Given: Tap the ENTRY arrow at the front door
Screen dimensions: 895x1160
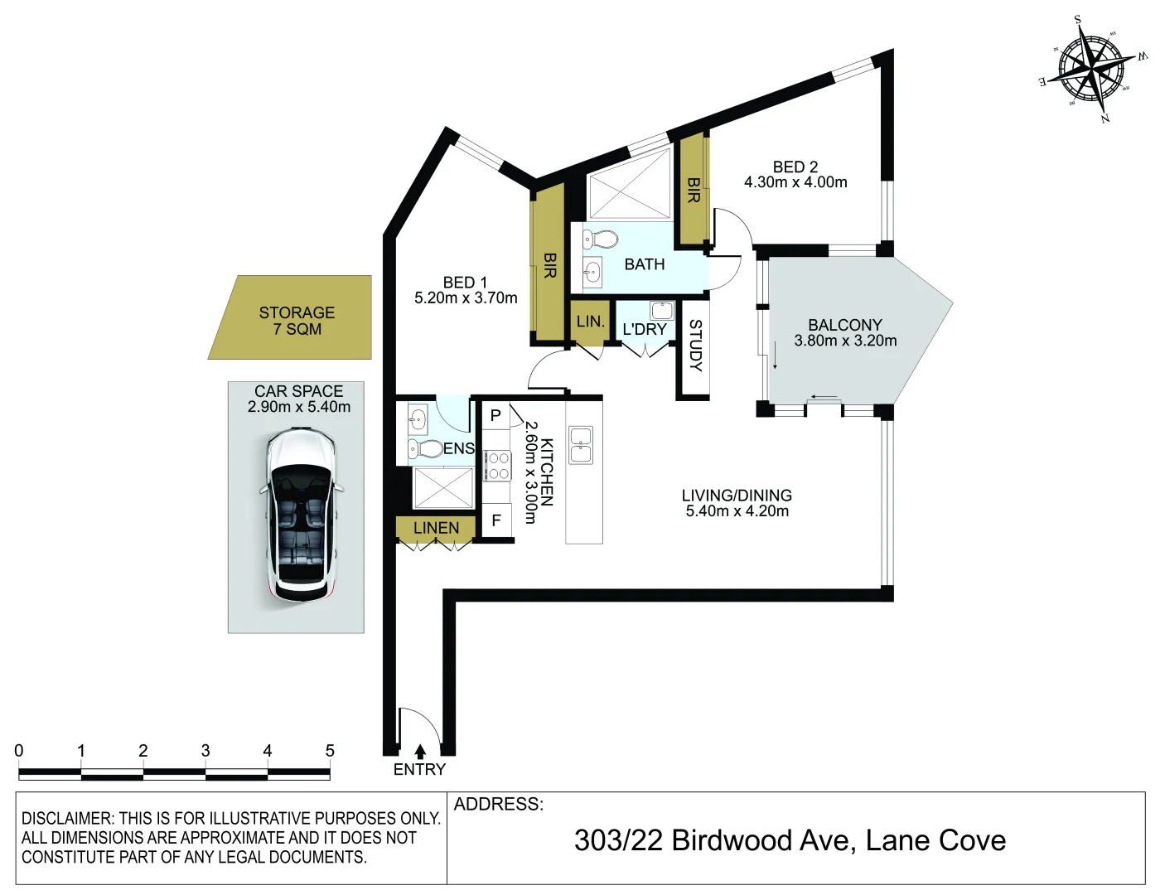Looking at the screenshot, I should point(420,752).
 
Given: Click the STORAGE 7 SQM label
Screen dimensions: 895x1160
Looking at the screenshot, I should point(297,321).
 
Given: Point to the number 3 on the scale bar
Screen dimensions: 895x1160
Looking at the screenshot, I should point(205,751).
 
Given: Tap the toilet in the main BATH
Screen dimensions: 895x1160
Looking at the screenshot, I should point(601,240).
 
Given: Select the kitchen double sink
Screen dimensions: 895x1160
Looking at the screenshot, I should point(581,445).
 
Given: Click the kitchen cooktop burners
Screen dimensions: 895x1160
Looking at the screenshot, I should point(498,466).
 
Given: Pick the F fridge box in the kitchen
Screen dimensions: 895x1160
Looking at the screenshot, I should point(496,520).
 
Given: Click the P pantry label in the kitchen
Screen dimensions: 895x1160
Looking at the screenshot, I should point(495,416).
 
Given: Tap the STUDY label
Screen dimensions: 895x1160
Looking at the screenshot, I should point(695,346).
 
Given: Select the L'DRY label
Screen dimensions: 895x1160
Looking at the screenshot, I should point(645,329).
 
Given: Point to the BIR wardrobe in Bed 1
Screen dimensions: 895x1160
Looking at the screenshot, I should point(549,265).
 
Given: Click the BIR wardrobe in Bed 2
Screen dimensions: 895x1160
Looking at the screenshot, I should point(694,191).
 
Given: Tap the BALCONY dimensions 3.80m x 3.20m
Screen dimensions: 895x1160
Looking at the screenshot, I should point(845,341).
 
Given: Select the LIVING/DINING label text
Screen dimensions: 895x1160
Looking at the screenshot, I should point(737,496).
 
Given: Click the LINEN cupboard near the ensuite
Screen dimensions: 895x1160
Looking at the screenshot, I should point(436,528).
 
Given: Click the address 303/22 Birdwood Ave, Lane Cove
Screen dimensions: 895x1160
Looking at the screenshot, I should point(790,840).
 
